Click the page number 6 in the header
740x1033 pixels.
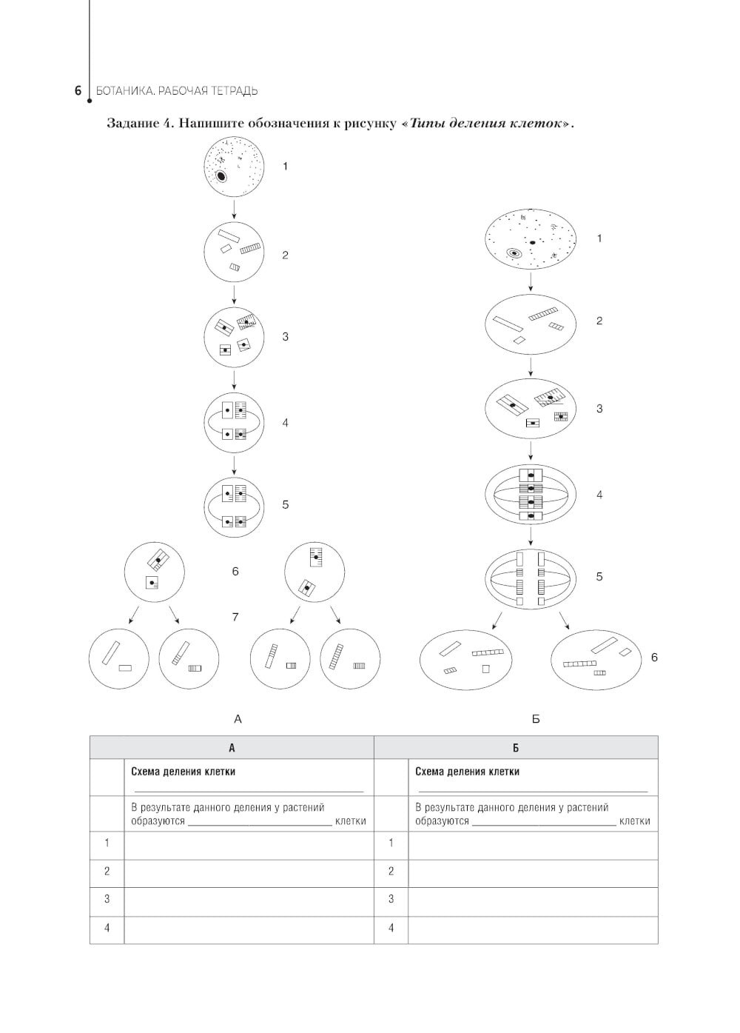pos(77,91)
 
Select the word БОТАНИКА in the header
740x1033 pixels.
pos(123,91)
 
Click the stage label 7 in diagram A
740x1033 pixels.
pos(235,617)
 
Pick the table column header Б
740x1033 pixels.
pos(516,748)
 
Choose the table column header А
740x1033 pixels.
pos(232,748)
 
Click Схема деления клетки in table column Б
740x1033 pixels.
pos(467,772)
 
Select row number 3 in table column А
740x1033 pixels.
pos(107,899)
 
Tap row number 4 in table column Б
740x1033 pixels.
pos(391,927)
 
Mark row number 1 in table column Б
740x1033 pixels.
pos(391,843)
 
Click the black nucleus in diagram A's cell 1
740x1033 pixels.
pos(221,177)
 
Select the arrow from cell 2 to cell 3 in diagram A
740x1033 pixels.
pos(234,294)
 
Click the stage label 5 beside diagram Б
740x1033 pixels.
pos(599,576)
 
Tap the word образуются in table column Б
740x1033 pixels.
pos(442,820)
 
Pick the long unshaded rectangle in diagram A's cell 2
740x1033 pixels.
pos(229,235)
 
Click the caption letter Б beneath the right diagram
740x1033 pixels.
pos(536,719)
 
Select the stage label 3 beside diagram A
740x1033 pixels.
pos(286,337)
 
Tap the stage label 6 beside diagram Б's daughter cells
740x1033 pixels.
pos(654,657)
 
